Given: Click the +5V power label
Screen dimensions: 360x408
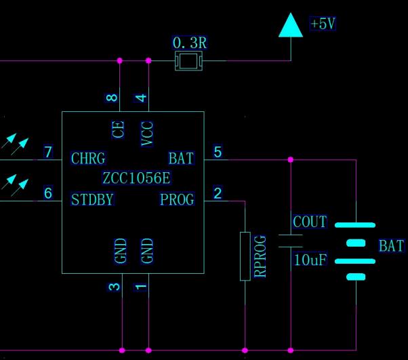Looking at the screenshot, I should [x=323, y=24].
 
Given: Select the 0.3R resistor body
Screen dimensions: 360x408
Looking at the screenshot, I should [x=188, y=62].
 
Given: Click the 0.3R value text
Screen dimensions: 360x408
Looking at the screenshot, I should [x=189, y=43].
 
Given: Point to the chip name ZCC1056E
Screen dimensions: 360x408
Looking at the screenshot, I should [x=136, y=178].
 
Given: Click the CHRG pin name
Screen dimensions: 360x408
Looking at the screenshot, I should [x=88, y=159].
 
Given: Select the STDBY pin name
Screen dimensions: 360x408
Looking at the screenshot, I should [x=92, y=199].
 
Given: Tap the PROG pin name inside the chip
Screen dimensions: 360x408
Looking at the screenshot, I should [x=177, y=199].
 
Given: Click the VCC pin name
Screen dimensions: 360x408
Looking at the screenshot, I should [x=147, y=134].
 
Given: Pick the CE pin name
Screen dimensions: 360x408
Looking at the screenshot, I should [x=119, y=129].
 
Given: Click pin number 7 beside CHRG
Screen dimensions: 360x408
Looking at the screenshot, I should [x=48, y=151].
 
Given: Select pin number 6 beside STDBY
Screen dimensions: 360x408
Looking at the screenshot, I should [x=48, y=193].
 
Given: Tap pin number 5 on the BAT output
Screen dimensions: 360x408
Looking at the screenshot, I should [x=218, y=151].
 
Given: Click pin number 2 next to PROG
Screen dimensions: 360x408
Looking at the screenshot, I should [x=218, y=193].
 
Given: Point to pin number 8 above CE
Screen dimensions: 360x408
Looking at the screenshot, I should [x=113, y=98].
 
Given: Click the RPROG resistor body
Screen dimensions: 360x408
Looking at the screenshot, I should [x=245, y=256].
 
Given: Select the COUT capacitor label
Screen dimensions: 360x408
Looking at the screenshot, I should [x=310, y=222].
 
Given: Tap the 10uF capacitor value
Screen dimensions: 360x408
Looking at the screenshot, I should [x=310, y=260].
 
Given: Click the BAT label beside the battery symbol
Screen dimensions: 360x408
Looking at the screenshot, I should [x=391, y=246].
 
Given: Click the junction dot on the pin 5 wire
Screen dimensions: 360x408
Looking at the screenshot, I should [x=291, y=160].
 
